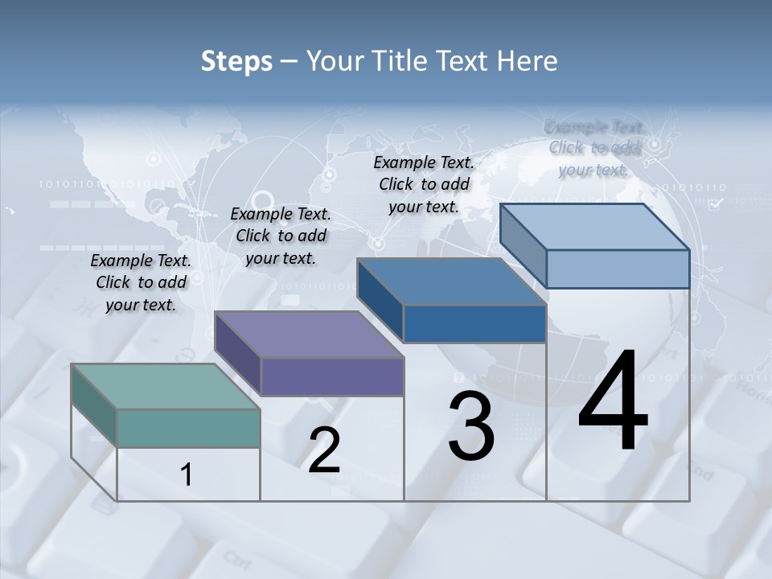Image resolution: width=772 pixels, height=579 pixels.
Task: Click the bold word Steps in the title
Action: (236, 61)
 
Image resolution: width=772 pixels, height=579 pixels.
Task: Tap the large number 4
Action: (613, 402)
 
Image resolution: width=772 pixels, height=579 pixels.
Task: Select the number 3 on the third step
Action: (471, 426)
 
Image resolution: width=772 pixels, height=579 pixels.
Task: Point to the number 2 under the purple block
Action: (324, 450)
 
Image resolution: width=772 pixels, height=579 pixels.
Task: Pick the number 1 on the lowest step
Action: (187, 474)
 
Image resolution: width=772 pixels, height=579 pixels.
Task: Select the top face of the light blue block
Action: (593, 227)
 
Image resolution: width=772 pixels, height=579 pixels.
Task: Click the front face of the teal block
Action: (188, 428)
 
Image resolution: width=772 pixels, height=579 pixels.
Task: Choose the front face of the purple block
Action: (331, 376)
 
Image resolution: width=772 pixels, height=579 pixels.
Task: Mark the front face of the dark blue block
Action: (474, 323)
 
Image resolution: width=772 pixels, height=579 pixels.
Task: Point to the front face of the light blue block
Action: (618, 269)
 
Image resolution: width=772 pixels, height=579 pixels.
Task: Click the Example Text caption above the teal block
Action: (141, 282)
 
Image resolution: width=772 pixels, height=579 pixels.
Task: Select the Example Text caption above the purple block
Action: (281, 236)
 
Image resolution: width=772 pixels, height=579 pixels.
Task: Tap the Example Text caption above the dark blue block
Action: (424, 184)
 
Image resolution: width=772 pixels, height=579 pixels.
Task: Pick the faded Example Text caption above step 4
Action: (594, 148)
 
